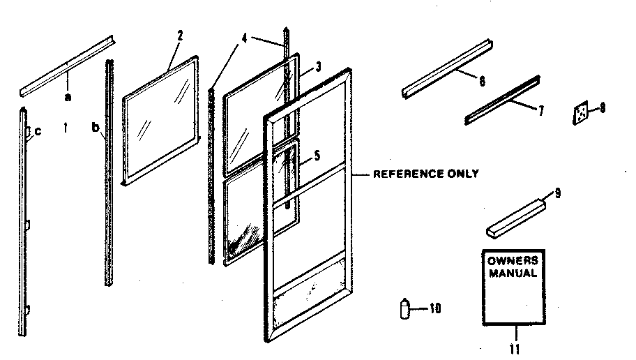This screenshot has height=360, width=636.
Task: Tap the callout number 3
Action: click(x=318, y=68)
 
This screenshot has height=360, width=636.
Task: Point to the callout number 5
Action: click(x=318, y=157)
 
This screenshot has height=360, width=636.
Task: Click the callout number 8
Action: click(x=603, y=107)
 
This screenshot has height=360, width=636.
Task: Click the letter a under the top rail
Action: click(x=68, y=98)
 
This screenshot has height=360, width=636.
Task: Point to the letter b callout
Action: click(x=95, y=128)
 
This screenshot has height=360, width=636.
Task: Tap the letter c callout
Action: click(x=38, y=130)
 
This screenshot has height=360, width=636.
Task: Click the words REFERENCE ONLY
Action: click(x=426, y=174)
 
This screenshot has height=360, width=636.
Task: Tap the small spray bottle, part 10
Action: click(x=404, y=308)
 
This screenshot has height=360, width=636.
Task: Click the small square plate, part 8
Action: click(x=580, y=113)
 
